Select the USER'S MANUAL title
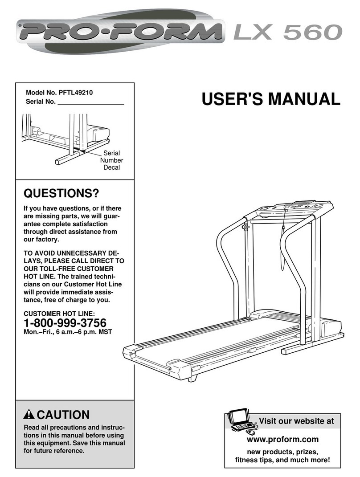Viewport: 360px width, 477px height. click(x=270, y=99)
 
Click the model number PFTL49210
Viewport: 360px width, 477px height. click(x=76, y=93)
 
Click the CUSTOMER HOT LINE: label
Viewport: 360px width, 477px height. click(x=59, y=314)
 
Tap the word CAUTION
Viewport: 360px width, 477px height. click(x=63, y=415)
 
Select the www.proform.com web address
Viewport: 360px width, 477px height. click(x=282, y=440)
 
